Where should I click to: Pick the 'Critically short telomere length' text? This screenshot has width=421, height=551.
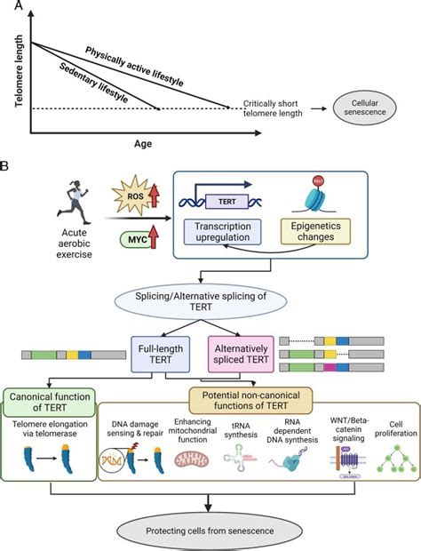pyautogui.click(x=284, y=108)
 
